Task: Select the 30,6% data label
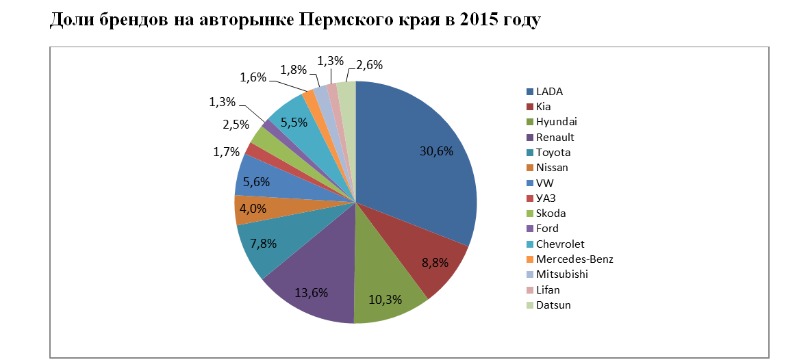click(x=437, y=152)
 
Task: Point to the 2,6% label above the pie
click(x=370, y=66)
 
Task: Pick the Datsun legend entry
click(x=553, y=305)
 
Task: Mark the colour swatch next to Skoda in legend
click(x=530, y=214)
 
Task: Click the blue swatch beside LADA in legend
click(x=530, y=91)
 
